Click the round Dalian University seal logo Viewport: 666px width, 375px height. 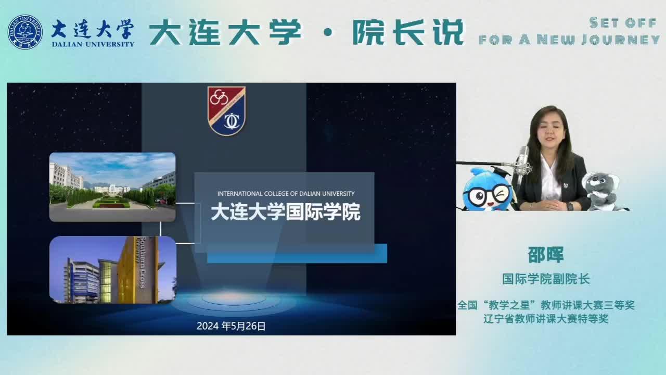coord(25,32)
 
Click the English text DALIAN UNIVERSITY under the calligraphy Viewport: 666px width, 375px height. coord(93,44)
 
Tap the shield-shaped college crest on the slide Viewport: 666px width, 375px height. coord(226,111)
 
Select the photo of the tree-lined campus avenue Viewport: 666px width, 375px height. coord(112,187)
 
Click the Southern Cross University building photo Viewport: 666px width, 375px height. coord(113,270)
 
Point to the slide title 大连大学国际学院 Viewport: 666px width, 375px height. coord(286,212)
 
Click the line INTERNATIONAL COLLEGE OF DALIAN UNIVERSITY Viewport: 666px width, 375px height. coord(286,194)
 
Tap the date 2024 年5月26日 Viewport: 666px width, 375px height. coord(231,326)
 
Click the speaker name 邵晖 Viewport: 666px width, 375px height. coord(546,255)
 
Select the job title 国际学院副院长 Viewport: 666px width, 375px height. coord(546,279)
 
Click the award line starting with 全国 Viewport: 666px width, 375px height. coord(546,305)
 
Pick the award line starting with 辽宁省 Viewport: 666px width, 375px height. coord(546,319)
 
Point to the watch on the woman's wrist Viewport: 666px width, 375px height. coord(570,206)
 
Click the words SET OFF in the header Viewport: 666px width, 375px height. coord(623,23)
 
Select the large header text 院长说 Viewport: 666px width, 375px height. coord(408,32)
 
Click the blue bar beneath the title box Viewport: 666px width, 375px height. coord(297,254)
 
